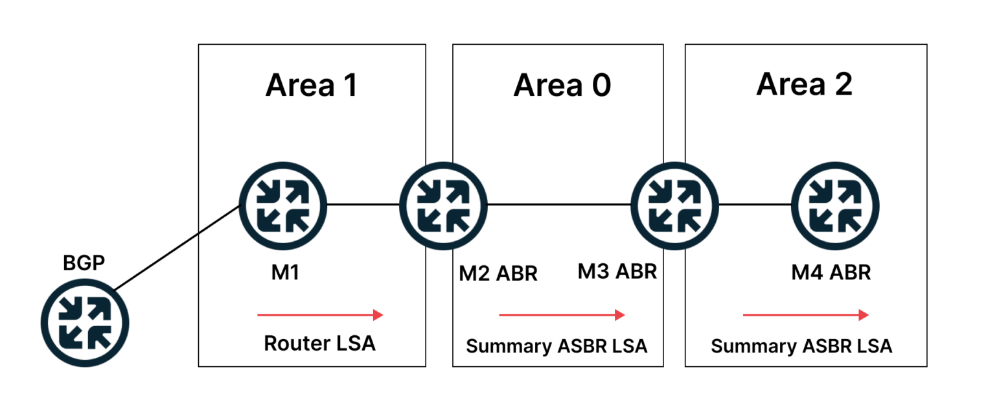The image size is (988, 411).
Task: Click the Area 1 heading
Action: (312, 85)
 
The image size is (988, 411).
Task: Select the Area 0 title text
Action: (562, 85)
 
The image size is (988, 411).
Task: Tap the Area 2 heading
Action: (804, 84)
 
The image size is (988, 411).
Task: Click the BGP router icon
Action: (86, 322)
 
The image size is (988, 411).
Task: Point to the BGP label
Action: (84, 263)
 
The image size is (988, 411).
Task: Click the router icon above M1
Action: (283, 205)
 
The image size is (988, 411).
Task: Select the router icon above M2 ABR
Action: (443, 205)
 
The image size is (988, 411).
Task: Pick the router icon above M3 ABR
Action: (674, 205)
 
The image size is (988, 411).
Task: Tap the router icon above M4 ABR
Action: (835, 205)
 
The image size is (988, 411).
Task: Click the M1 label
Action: (285, 273)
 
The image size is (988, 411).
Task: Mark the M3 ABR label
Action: (617, 272)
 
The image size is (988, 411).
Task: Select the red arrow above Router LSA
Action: (320, 315)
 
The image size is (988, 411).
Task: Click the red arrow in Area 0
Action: (562, 315)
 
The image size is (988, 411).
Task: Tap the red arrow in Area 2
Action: (805, 315)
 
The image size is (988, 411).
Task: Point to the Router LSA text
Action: (319, 344)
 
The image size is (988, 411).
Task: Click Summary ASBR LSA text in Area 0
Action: (557, 346)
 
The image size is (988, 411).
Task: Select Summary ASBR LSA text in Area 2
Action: (801, 346)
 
